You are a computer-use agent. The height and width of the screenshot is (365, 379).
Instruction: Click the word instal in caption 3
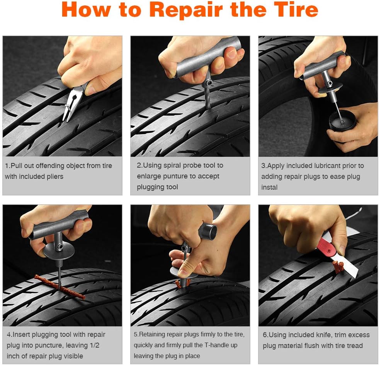tap(269, 187)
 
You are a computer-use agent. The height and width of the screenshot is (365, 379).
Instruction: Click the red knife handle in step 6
tap(327, 247)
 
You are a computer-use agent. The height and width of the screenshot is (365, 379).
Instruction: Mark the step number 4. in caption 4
tap(9, 334)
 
